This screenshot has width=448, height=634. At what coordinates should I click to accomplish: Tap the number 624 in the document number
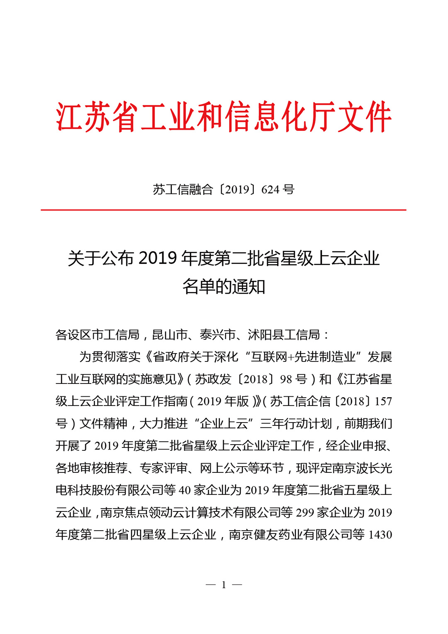coord(270,190)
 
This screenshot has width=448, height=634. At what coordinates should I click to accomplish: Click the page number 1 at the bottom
coord(224,585)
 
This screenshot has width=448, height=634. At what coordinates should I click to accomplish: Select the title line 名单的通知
coord(224,286)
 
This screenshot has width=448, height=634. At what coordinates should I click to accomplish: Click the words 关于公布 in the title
coord(101,258)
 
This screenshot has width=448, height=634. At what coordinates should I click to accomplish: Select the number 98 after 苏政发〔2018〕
coord(286,379)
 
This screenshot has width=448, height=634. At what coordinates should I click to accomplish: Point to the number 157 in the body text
coord(383,401)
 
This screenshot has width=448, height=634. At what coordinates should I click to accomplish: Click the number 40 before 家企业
coord(185,490)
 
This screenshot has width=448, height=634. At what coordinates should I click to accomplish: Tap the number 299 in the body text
coord(305,513)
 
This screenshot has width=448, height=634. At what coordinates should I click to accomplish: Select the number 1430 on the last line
coord(380,535)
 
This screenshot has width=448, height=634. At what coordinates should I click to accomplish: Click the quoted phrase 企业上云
coord(224,424)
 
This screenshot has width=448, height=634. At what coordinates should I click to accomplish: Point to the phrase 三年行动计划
coord(296,424)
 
